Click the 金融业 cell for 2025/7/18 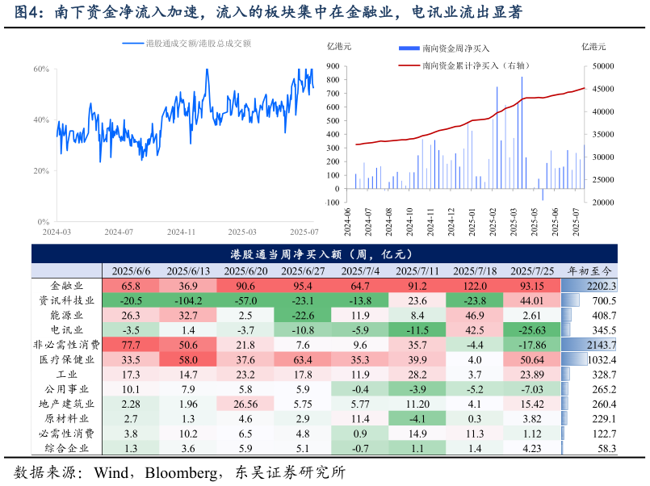point(475,286)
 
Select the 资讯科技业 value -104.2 point(188,300)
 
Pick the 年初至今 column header point(589,271)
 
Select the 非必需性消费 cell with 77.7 point(131,345)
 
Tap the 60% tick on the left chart point(41,69)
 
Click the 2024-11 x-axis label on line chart point(181,232)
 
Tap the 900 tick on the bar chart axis point(332,67)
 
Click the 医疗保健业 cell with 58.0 point(188,359)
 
